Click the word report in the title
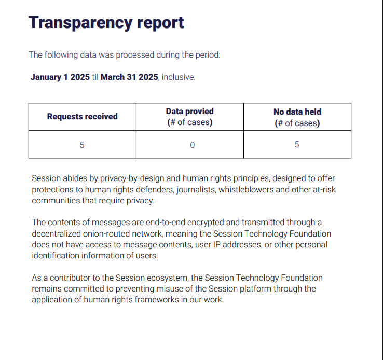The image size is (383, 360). [160, 23]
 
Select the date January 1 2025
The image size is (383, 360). [60, 77]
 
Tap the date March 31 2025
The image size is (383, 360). [129, 77]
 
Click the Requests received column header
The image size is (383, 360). [82, 117]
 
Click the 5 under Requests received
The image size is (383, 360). [82, 145]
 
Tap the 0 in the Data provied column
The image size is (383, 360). [192, 145]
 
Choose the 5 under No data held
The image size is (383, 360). [297, 145]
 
